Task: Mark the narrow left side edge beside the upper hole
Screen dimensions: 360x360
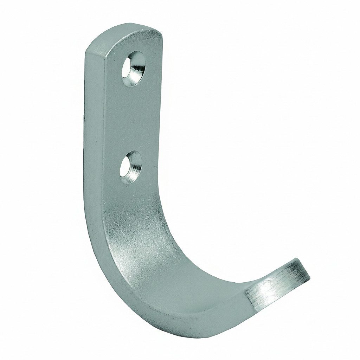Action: pos(91,70)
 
